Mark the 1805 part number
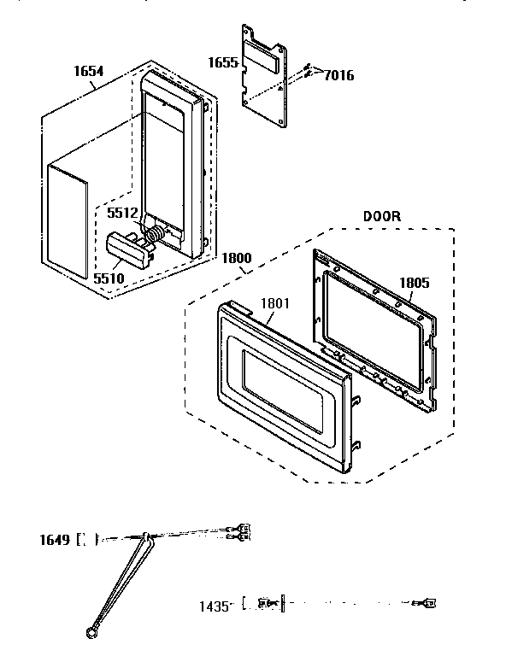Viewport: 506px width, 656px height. point(413,283)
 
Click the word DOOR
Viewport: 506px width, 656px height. point(381,216)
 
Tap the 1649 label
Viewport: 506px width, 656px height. point(54,539)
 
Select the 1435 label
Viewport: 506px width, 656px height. point(215,606)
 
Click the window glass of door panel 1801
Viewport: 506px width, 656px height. point(282,388)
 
